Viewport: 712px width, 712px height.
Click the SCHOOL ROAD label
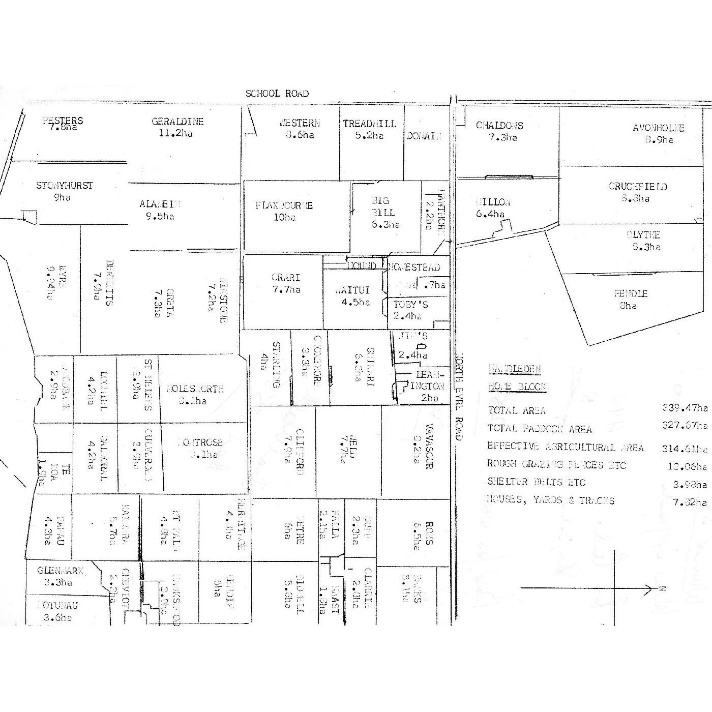click(277, 94)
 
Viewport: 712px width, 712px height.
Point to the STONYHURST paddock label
click(65, 186)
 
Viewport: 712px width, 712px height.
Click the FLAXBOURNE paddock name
click(284, 205)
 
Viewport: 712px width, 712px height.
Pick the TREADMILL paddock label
click(369, 124)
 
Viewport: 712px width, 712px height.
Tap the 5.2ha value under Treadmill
click(370, 136)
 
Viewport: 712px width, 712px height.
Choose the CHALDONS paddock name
click(499, 126)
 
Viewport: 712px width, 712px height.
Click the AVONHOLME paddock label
click(659, 128)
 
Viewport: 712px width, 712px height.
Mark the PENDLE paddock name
click(631, 293)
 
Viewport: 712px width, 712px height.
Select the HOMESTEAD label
click(414, 267)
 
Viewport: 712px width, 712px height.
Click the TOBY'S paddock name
click(410, 305)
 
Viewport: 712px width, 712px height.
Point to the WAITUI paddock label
click(352, 290)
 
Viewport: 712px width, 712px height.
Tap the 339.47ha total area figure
click(685, 408)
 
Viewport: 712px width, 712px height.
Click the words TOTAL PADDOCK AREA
click(539, 429)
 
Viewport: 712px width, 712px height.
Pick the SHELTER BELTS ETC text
click(536, 482)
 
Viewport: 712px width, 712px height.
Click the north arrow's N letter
click(663, 589)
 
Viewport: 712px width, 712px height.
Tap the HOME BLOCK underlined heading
click(517, 387)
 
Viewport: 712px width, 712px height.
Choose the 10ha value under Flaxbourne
click(284, 218)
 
